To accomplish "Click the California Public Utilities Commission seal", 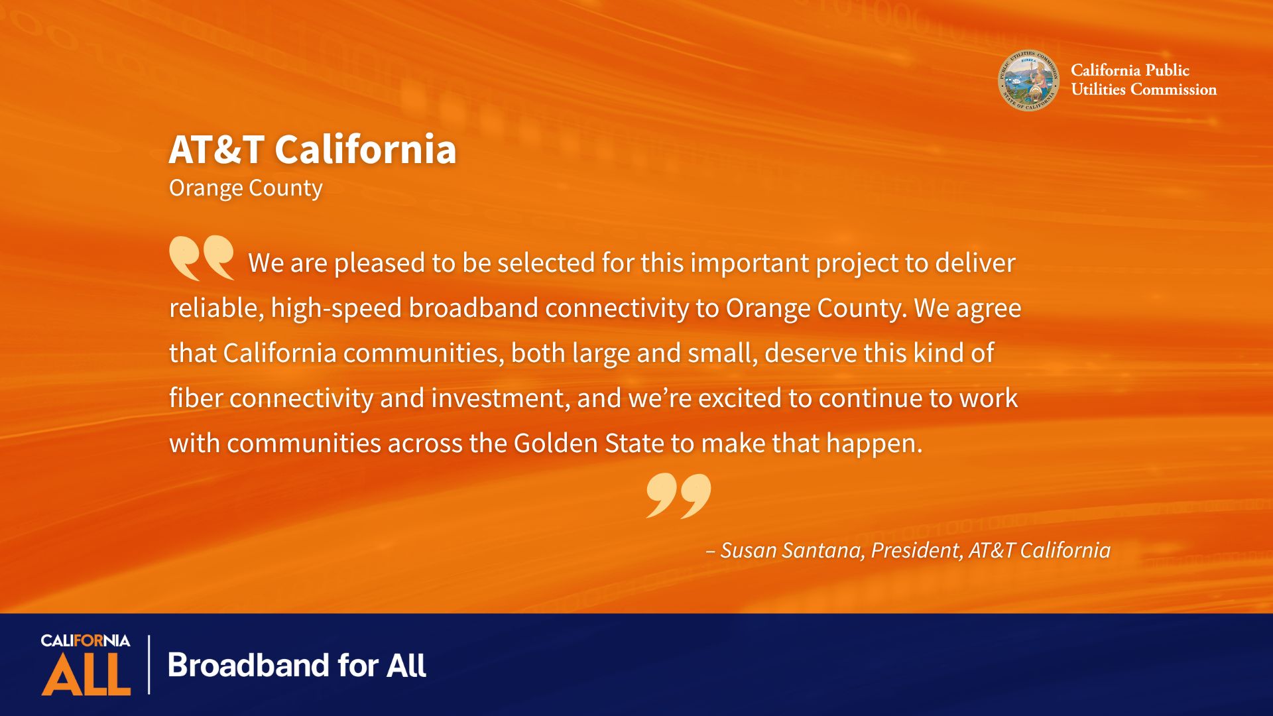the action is pyautogui.click(x=1028, y=80).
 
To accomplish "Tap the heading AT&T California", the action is pyautogui.click(x=312, y=149).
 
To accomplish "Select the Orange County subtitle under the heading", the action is pyautogui.click(x=246, y=188).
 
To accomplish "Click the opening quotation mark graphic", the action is pyautogui.click(x=202, y=258).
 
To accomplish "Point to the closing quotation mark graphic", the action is pyautogui.click(x=678, y=495).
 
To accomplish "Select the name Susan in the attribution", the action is pyautogui.click(x=748, y=550).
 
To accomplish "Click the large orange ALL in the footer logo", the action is pyautogui.click(x=86, y=674).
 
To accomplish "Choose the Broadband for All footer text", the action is pyautogui.click(x=297, y=665).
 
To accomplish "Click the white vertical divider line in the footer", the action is pyautogui.click(x=149, y=664).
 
